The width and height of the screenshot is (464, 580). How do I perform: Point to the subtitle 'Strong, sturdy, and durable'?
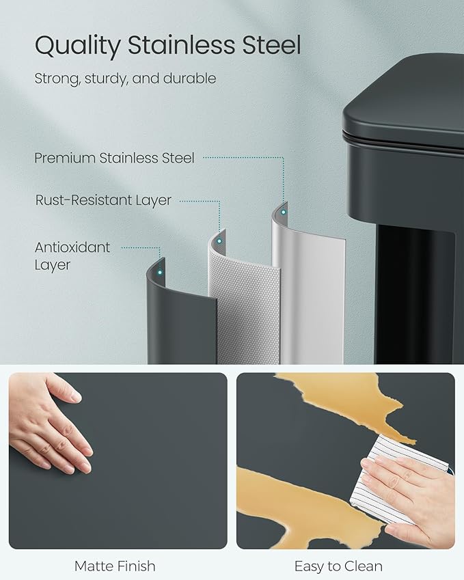coord(125,79)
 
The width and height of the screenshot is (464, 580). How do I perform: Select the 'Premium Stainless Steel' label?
coord(114,158)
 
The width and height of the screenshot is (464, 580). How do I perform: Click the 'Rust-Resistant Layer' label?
coord(103,201)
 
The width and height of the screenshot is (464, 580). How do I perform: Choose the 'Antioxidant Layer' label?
coord(72,256)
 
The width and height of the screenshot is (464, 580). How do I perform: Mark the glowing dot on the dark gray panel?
coord(159,272)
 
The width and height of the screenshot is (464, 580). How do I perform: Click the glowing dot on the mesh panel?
coord(219,240)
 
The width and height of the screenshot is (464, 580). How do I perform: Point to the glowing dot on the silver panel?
coord(283,214)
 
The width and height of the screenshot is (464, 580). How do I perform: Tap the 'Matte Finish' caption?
coord(115,566)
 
